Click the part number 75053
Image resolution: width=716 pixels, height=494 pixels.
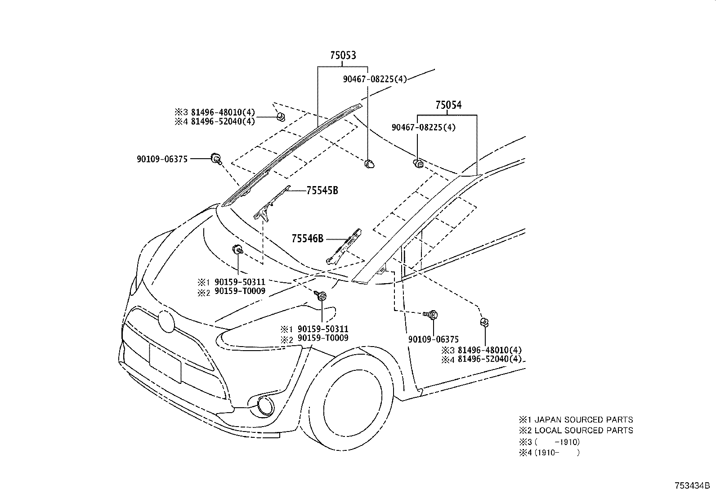343,55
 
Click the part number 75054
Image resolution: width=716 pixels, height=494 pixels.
448,105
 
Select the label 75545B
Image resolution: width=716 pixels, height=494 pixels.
322,191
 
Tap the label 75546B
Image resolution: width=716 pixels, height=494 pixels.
307,239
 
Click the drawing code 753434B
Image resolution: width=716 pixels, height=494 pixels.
691,486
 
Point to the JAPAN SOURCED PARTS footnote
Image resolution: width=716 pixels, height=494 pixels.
576,419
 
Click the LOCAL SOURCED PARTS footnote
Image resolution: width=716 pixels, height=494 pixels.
576,431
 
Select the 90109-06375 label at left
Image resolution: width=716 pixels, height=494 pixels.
162,159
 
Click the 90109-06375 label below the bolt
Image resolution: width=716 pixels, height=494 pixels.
433,340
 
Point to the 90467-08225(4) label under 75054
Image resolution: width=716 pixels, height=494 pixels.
423,128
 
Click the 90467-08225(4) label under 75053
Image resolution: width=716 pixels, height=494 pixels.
374,79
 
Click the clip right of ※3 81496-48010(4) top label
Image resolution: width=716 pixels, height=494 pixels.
280,116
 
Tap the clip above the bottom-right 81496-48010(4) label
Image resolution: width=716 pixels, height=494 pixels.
484,322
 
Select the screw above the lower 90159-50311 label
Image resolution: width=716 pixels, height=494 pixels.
322,296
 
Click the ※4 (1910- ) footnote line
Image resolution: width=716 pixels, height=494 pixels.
549,453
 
